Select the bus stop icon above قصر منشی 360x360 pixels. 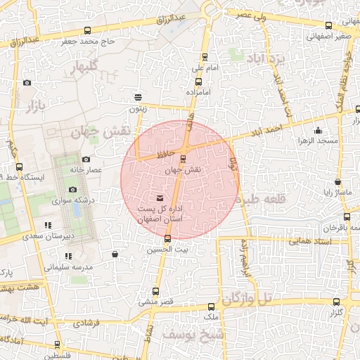156,291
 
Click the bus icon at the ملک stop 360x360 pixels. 211,307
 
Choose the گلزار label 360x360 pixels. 336,311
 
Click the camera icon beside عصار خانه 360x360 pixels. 86,160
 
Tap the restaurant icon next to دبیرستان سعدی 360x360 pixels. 48,225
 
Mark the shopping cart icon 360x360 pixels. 115,254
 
